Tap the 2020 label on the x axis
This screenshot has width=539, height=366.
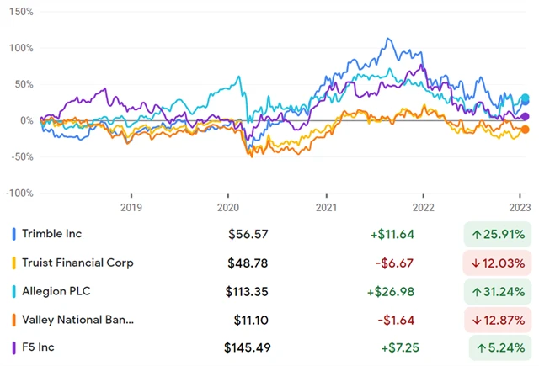coord(228,207)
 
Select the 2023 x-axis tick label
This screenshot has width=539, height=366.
coord(520,207)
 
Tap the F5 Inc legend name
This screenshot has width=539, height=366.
coord(44,347)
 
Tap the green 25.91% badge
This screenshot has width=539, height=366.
coord(500,234)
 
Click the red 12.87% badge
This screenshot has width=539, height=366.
coord(500,320)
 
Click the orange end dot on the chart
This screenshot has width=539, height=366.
coord(526,129)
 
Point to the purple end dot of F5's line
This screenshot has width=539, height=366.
coord(526,117)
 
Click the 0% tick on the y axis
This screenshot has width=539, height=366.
coord(24,120)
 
